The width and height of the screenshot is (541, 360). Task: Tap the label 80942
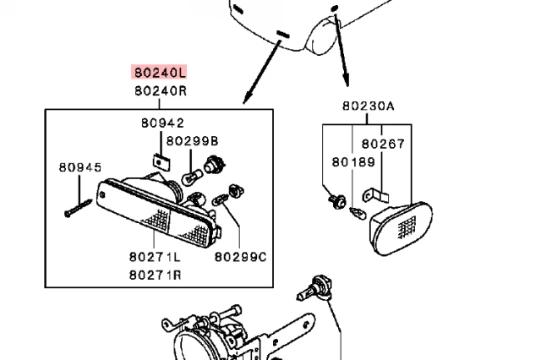pos(162,123)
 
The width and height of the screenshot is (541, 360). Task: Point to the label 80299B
pos(192,140)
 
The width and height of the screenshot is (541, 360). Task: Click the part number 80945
pos(79,166)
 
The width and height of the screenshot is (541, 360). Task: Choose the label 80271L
pos(156,255)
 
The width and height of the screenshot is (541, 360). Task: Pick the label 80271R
pos(156,274)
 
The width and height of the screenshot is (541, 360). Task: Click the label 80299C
pos(240,255)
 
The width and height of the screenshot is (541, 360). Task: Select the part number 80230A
pos(369,106)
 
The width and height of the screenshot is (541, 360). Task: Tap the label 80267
pos(383,144)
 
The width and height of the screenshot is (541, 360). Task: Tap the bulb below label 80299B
pos(191,175)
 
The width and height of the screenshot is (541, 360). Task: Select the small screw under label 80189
pos(336,200)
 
